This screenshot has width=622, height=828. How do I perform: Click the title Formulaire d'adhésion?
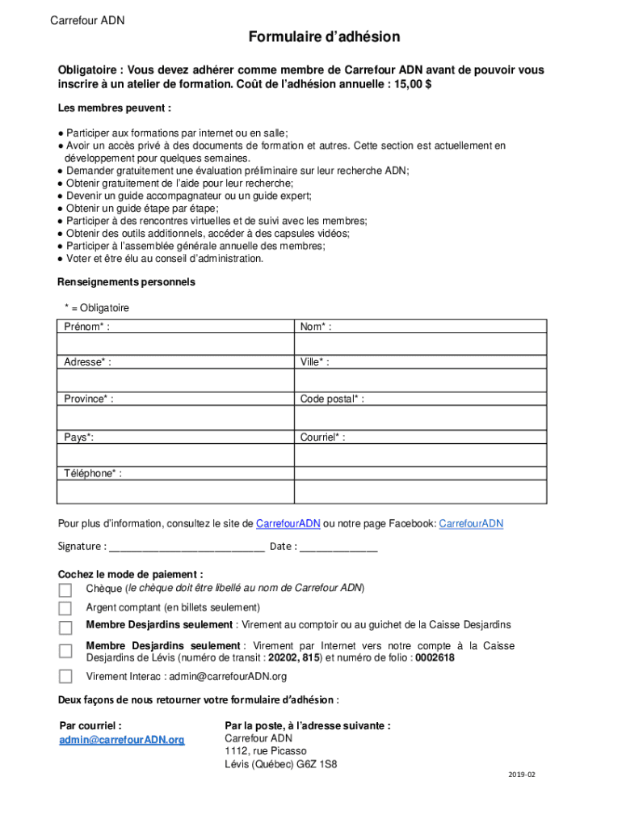point(324,37)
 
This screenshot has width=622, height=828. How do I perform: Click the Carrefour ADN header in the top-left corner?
point(87,20)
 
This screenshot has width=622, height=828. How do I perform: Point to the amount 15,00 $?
point(412,85)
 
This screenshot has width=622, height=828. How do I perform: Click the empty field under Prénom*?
point(175,344)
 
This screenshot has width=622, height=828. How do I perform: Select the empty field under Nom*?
point(420,344)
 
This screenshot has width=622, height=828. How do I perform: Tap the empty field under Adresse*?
point(175,380)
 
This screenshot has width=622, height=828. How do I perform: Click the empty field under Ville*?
point(420,380)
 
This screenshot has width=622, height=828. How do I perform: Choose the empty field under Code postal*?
point(420,417)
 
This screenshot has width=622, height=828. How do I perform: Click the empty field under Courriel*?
point(420,455)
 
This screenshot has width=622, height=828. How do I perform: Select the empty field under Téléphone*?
point(175,492)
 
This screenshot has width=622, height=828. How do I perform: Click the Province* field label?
point(89,399)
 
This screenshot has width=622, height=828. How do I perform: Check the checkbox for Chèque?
point(65,589)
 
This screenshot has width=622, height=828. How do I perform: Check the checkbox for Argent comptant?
point(65,608)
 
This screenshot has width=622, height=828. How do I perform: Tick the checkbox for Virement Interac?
point(65,677)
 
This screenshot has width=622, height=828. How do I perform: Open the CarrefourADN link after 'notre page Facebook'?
point(470,524)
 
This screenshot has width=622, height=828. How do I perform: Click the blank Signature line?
point(187,547)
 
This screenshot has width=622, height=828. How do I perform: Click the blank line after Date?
point(338,547)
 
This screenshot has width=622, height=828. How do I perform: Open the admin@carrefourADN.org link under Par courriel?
point(122,740)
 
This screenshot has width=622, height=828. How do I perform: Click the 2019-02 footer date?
point(522,775)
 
